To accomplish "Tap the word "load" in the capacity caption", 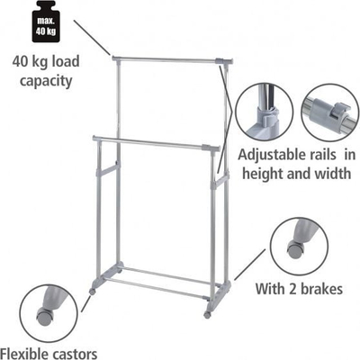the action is [x=66, y=61].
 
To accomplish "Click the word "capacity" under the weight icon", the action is [x=46, y=81].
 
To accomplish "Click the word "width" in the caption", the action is [x=332, y=173].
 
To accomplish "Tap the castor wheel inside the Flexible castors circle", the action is [x=45, y=316].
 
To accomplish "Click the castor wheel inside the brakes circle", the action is [x=296, y=250].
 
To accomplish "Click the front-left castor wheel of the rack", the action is [x=93, y=291].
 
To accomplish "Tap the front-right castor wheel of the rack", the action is [x=207, y=315].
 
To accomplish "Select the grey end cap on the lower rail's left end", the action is [x=96, y=139].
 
